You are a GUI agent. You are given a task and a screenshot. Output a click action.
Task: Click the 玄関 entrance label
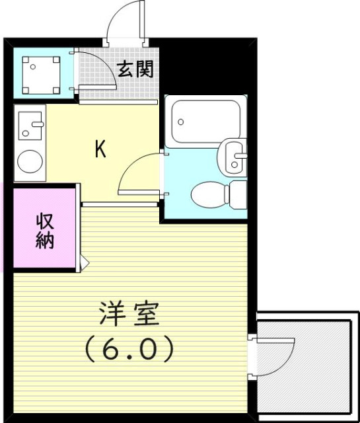[x=135, y=69]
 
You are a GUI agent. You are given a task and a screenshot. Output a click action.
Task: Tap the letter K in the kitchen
[x=100, y=149]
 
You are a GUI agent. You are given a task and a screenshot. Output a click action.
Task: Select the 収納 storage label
[x=44, y=231]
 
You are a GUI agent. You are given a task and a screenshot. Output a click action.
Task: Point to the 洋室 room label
[x=129, y=315]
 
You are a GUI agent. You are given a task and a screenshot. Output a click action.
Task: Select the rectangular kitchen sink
[x=29, y=126]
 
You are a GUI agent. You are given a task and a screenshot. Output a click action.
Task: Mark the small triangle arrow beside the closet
[x=83, y=262]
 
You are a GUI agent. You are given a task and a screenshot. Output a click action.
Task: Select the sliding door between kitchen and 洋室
[x=119, y=206]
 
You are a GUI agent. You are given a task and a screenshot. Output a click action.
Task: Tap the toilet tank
[x=236, y=193]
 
